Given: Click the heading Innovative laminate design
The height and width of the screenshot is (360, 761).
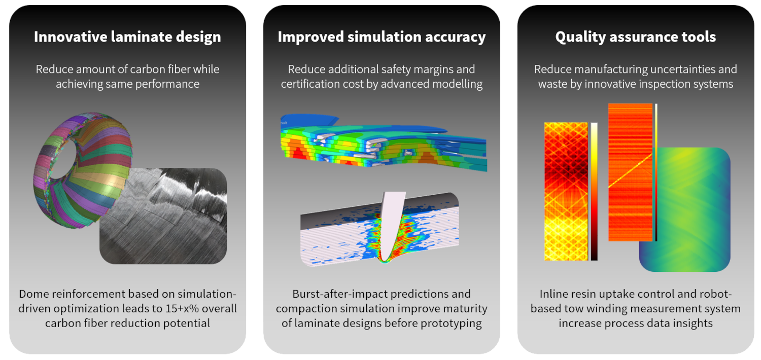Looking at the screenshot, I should point(127,37).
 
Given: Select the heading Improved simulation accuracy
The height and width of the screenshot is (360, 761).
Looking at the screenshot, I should point(381,37).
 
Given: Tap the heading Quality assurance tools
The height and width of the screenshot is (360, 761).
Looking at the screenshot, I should point(635,37).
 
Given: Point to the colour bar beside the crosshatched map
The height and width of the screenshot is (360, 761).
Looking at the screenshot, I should point(594,192).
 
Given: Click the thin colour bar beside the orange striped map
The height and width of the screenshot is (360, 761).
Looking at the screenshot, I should point(656,172).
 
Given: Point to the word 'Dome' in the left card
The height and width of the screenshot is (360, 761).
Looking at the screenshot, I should point(34,294).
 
